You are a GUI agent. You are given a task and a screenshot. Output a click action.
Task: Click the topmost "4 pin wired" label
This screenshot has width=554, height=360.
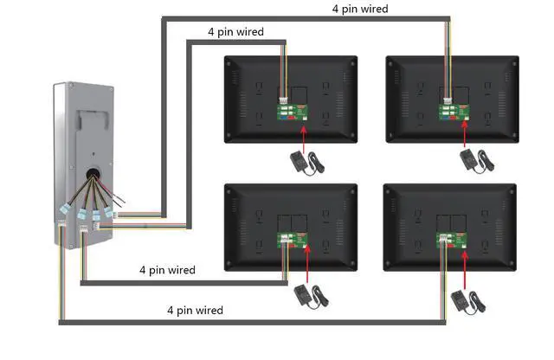(360, 9)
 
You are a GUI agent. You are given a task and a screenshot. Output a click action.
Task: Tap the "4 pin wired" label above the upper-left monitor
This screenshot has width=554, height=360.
(235, 32)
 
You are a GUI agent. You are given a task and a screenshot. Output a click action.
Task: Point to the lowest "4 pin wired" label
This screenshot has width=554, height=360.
(195, 310)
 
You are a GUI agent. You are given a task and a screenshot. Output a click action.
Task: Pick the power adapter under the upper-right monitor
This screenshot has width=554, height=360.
(471, 160)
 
